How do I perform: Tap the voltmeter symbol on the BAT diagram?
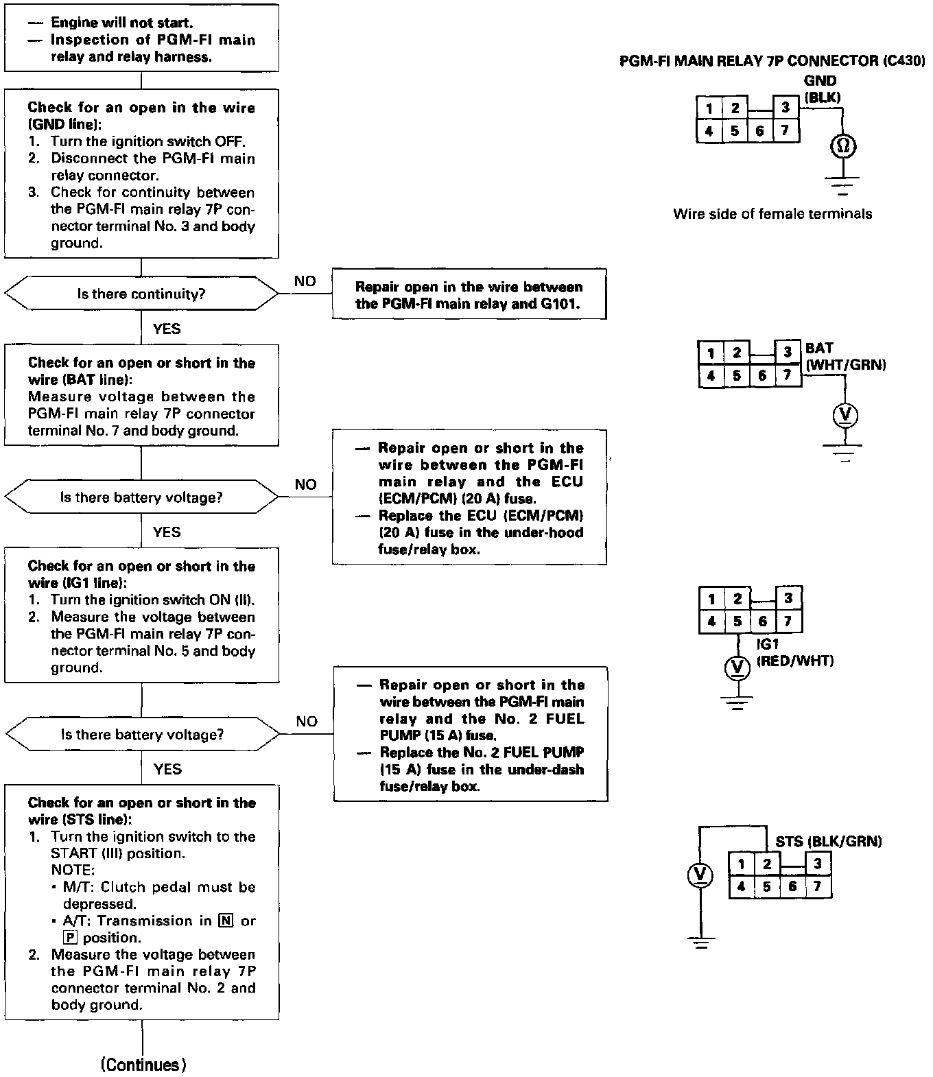pos(845,415)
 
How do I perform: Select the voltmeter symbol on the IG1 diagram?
pos(737,665)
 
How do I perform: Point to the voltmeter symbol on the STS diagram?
pos(700,875)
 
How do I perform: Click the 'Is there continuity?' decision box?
pos(141,294)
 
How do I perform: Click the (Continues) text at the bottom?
pos(143,1065)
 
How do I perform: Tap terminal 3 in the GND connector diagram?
pos(786,108)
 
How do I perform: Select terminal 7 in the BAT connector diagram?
pos(788,375)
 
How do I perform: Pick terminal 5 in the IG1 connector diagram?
pos(737,622)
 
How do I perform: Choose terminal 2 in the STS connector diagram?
pos(767,864)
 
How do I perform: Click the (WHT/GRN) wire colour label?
pos(846,365)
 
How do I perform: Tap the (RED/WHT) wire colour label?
pos(795,661)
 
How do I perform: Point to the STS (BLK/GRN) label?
pos(829,842)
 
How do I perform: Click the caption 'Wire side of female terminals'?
pos(772,214)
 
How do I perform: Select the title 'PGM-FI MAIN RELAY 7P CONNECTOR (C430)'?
pos(772,61)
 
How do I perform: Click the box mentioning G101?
pos(469,295)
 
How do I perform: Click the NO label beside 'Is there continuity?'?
pos(305,281)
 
